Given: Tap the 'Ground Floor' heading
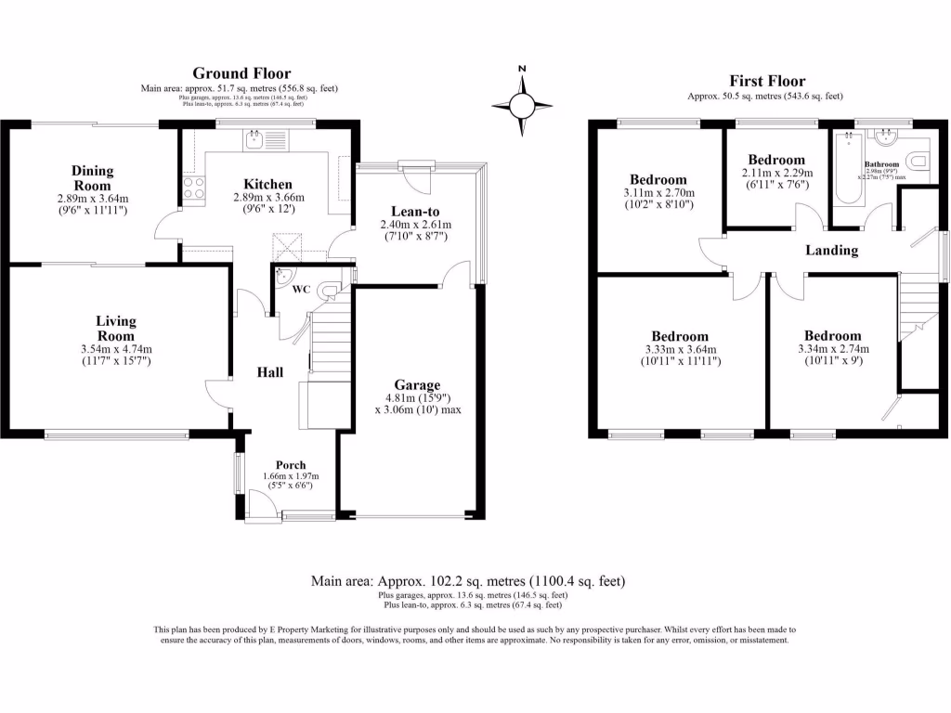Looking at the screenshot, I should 241,73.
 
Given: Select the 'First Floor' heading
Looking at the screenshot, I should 767,81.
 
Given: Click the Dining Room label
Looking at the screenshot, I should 92,178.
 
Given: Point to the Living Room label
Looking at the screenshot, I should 116,328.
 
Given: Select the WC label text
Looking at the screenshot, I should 301,291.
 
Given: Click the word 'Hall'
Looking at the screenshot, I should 270,372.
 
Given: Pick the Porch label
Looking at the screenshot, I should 290,465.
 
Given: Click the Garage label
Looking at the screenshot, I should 416,384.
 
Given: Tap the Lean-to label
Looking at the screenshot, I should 415,211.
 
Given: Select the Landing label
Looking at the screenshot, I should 831,251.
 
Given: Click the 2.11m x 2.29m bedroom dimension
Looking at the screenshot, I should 776,173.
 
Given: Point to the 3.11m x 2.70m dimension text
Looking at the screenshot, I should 658,193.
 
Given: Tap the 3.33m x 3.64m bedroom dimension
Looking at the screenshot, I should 679,350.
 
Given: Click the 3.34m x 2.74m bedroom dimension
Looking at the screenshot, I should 832,350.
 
